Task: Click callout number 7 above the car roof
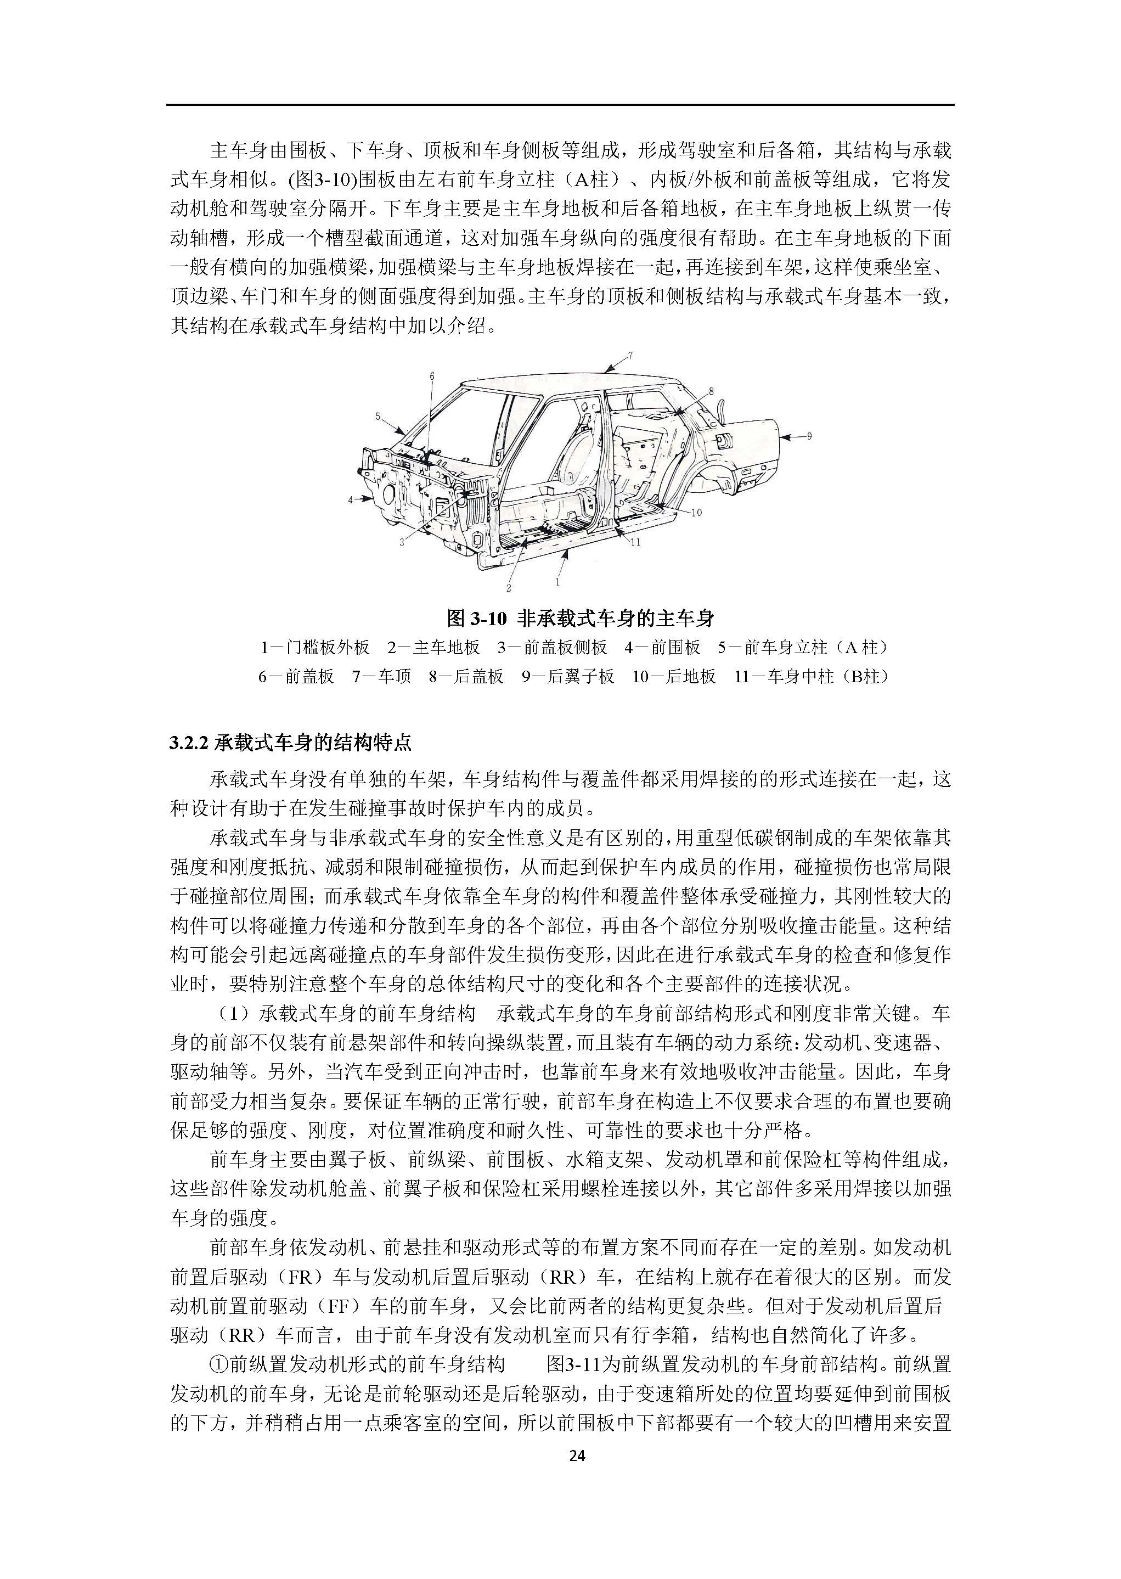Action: [629, 356]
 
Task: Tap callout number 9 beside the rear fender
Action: [809, 436]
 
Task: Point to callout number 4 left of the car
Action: [351, 499]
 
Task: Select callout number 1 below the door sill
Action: [557, 582]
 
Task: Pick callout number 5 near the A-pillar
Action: [378, 417]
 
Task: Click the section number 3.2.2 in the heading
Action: [190, 744]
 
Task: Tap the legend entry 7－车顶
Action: [382, 677]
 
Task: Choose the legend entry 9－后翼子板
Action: [568, 677]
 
